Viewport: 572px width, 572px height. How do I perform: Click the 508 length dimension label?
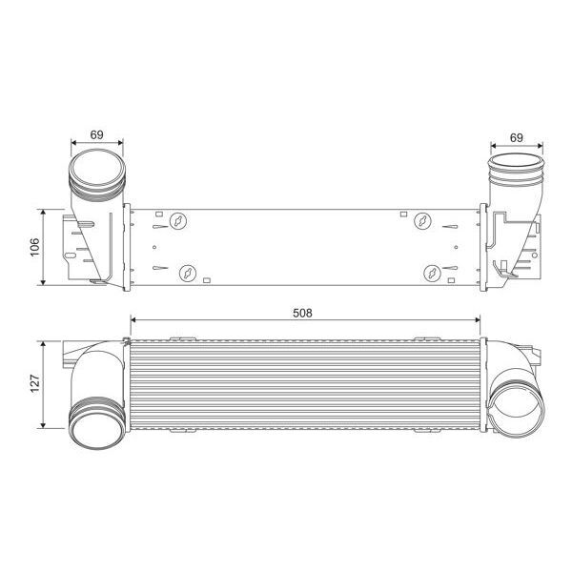coord(303,312)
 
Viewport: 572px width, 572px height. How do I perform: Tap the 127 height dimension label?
coord(35,383)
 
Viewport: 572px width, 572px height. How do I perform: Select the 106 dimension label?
coord(35,245)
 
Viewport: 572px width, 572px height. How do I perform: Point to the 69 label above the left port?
coord(97,135)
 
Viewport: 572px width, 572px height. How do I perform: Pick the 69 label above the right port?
coord(516,137)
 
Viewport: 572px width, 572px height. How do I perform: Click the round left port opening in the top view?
coord(97,177)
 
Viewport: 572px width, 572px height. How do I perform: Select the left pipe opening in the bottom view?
coord(95,420)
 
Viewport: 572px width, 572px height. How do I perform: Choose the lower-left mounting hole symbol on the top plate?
coord(188,273)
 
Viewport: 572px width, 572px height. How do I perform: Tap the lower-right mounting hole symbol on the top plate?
coord(434,273)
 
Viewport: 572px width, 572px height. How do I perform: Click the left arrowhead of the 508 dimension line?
coord(133,320)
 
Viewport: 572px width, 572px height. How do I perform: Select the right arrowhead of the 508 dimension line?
coord(483,320)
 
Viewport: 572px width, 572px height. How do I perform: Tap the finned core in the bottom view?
coord(305,384)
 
